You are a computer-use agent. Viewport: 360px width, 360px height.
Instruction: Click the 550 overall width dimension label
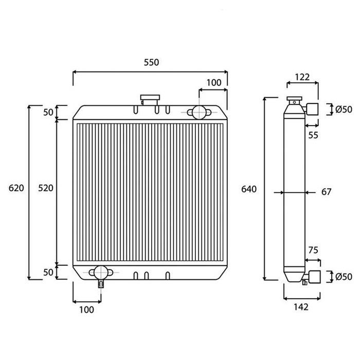point(151,63)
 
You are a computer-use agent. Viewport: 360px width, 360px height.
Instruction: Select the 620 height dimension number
point(16,189)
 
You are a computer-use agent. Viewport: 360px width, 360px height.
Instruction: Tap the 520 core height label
point(46,189)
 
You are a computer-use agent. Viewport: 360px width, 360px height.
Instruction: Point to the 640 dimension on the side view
point(249,190)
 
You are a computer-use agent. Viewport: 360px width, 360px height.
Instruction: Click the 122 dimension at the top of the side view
point(302,77)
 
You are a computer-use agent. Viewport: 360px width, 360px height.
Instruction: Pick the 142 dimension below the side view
point(301,307)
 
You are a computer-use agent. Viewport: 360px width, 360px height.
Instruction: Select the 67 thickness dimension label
point(326,192)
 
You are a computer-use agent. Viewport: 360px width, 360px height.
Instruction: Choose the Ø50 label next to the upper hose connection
point(344,109)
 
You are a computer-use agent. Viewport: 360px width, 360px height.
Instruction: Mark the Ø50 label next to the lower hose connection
point(344,277)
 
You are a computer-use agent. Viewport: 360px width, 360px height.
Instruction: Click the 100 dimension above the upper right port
point(213,83)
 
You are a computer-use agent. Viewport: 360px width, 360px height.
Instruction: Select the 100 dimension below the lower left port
point(87,309)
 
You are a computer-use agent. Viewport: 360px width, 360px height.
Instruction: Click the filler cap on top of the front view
point(149,98)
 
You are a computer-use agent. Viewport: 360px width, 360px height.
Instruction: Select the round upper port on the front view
point(197,112)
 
